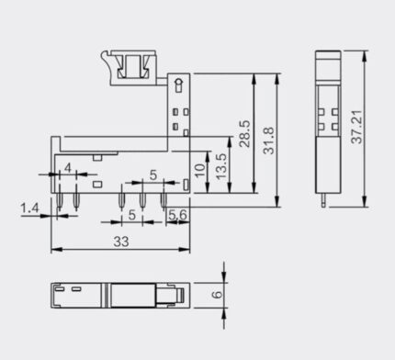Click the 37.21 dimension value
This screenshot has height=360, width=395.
[356, 127]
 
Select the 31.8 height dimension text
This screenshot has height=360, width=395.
[269, 141]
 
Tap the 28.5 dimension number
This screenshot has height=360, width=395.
[245, 134]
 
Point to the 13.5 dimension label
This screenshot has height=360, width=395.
[221, 166]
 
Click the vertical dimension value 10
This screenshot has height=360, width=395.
[199, 171]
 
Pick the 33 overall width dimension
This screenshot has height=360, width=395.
[121, 242]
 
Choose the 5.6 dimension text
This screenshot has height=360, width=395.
[177, 215]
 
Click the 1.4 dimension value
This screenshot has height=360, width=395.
[29, 208]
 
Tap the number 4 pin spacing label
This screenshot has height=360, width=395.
[68, 168]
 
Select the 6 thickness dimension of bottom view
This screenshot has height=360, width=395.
[217, 295]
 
